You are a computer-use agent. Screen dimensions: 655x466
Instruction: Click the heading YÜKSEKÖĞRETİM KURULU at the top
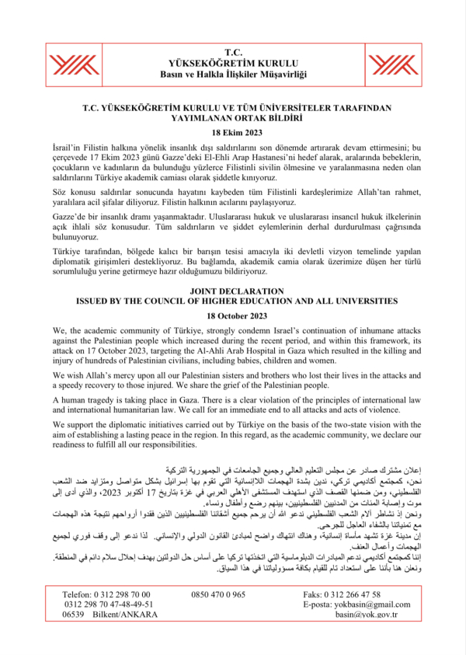pos(232,62)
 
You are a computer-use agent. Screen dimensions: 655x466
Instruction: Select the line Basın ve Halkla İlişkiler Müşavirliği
pos(232,74)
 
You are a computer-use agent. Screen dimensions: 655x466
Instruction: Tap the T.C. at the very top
pos(232,51)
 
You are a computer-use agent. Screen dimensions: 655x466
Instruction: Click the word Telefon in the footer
pos(77,594)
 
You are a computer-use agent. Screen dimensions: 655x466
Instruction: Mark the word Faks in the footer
pos(315,594)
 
